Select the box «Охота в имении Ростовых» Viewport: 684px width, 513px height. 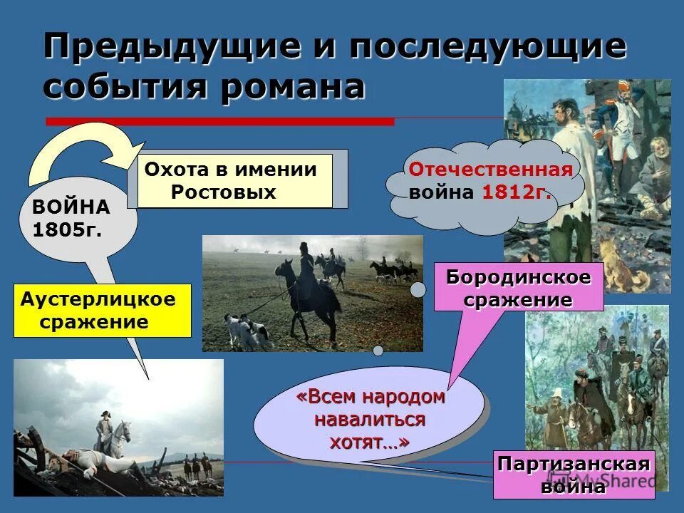coord(234,181)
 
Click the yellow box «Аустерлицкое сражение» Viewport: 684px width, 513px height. coord(102,311)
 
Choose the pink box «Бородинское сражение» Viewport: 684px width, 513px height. coord(519,288)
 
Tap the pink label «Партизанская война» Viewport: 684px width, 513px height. coord(574,475)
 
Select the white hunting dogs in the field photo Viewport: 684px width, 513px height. coord(247,329)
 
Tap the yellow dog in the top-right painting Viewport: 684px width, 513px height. coord(618,265)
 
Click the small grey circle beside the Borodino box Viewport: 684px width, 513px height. coord(418,289)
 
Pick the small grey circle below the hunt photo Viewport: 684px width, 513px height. coord(378,350)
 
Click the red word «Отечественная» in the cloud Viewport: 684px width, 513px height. coord(490,170)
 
